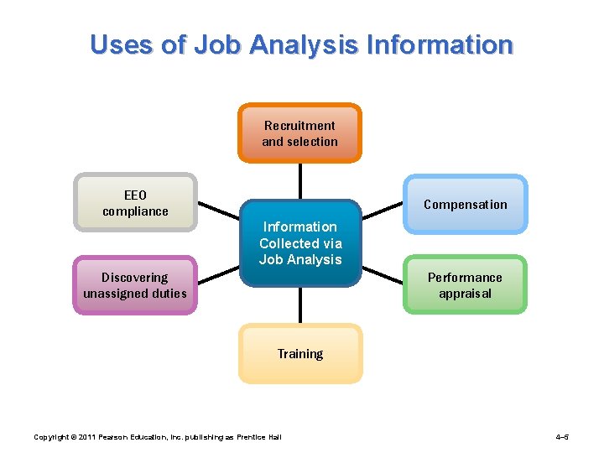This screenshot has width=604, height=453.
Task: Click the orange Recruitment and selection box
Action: point(299,133)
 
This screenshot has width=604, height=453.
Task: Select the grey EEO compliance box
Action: point(135,202)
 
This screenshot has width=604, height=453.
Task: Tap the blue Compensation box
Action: point(465,204)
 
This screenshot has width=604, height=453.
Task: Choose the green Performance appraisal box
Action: point(465,285)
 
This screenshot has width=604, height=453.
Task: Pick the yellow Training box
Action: point(300,353)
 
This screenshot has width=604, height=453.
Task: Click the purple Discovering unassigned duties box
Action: point(135,285)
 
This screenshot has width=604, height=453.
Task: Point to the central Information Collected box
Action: point(300,243)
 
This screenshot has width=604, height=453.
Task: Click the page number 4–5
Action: point(563,437)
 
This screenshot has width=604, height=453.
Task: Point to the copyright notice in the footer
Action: point(156,437)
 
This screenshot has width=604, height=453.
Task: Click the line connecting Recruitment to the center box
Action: point(299,180)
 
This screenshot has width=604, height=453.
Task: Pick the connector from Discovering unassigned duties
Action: point(219,274)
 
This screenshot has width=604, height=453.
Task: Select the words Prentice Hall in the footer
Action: point(262,437)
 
